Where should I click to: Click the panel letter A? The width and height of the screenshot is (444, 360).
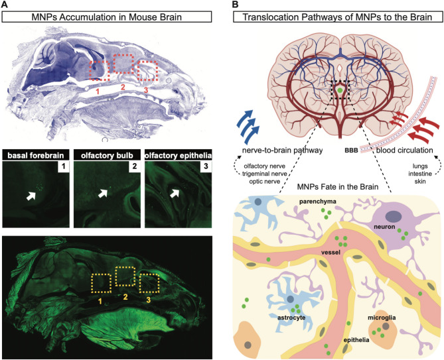pyautogui.click(x=5, y=5)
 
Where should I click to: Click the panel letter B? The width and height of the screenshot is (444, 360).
pyautogui.click(x=235, y=5)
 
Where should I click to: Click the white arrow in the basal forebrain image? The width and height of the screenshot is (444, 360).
pyautogui.click(x=31, y=196)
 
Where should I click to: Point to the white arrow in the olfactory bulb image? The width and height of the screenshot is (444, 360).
pyautogui.click(x=103, y=194)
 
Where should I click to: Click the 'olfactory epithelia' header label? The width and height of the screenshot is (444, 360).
pyautogui.click(x=178, y=156)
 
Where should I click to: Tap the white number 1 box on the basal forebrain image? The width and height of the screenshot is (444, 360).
pyautogui.click(x=64, y=166)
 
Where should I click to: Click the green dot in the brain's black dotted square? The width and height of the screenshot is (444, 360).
pyautogui.click(x=340, y=90)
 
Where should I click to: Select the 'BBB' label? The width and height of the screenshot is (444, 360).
pyautogui.click(x=351, y=150)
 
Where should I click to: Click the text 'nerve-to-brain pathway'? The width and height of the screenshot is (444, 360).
pyautogui.click(x=282, y=150)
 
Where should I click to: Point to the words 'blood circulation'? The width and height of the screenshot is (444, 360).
pyautogui.click(x=404, y=150)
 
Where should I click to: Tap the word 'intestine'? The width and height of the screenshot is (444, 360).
pyautogui.click(x=420, y=173)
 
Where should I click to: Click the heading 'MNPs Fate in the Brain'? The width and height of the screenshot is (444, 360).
pyautogui.click(x=338, y=187)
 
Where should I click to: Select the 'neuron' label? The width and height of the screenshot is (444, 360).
pyautogui.click(x=384, y=227)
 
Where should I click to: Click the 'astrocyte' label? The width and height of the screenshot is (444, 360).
pyautogui.click(x=291, y=318)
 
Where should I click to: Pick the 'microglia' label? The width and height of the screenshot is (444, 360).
pyautogui.click(x=382, y=318)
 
